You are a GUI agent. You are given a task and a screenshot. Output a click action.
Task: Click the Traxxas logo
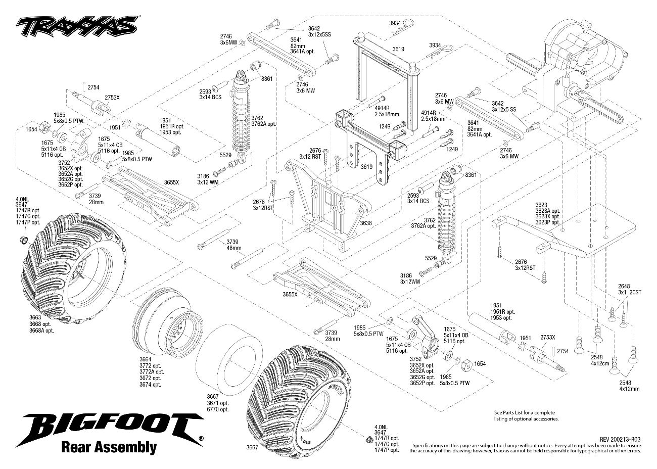click(77, 24)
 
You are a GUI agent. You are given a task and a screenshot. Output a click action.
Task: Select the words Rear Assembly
click(108, 447)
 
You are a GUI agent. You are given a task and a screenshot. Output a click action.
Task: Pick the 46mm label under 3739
click(233, 249)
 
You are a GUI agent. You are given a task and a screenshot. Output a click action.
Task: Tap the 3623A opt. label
click(548, 211)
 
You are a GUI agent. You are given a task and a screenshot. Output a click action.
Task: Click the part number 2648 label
click(624, 286)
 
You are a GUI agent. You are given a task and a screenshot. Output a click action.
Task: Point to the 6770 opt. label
click(217, 410)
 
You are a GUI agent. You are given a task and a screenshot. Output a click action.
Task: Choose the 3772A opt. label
click(150, 371)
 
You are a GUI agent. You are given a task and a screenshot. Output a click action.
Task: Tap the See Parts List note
click(526, 416)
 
